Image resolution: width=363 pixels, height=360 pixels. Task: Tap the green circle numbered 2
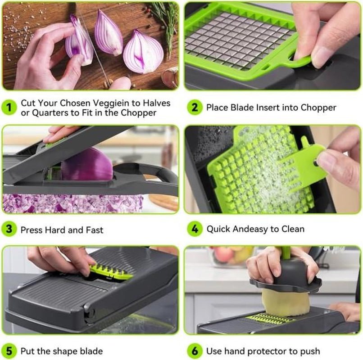click(195, 108)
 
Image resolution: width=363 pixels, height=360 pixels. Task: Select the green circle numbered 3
click(9, 229)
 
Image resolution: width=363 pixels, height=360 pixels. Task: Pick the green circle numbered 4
click(195, 229)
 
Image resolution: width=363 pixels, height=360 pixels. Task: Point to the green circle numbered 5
click(9, 351)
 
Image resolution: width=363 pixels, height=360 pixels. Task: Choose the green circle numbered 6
click(195, 351)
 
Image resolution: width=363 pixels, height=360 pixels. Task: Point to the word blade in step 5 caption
click(91, 351)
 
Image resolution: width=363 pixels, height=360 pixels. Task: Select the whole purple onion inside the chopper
click(86, 165)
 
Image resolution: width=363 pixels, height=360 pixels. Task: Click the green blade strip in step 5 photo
click(110, 271)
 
